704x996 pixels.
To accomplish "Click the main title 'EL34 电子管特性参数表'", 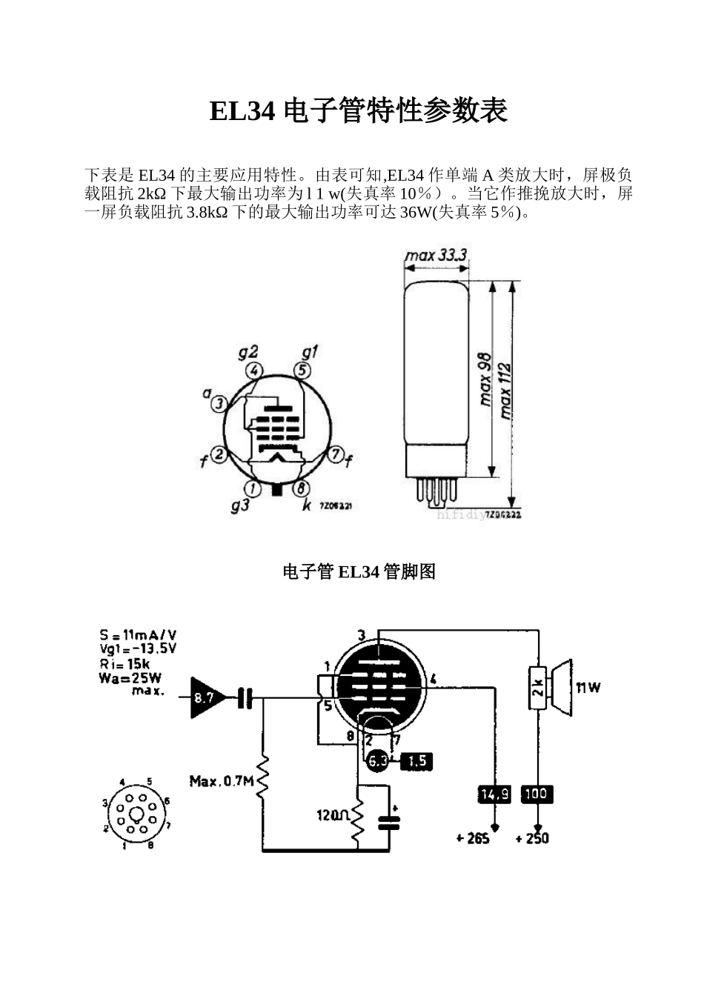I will (x=359, y=111).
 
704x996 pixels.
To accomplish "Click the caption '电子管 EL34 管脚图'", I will (x=359, y=571).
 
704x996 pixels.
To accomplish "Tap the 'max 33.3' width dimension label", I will (x=435, y=256).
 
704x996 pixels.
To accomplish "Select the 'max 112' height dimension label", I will (x=506, y=391).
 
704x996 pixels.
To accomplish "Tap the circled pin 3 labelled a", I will (x=219, y=404).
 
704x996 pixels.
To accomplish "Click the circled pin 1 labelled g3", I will (x=253, y=488).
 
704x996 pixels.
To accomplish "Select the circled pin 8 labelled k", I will (x=301, y=488).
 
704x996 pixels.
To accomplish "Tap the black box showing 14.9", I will (x=494, y=794).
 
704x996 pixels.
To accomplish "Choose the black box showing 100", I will (x=536, y=794).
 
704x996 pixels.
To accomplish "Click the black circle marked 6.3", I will (x=378, y=760).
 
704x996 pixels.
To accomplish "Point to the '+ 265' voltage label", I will (x=473, y=838).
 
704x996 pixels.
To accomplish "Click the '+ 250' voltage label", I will (x=533, y=838).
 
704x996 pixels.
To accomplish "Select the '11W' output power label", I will (x=588, y=688).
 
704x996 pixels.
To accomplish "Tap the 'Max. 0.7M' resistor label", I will (x=221, y=781).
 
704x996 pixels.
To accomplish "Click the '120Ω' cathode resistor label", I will (x=333, y=815).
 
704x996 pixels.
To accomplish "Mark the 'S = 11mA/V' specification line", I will (x=138, y=635).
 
